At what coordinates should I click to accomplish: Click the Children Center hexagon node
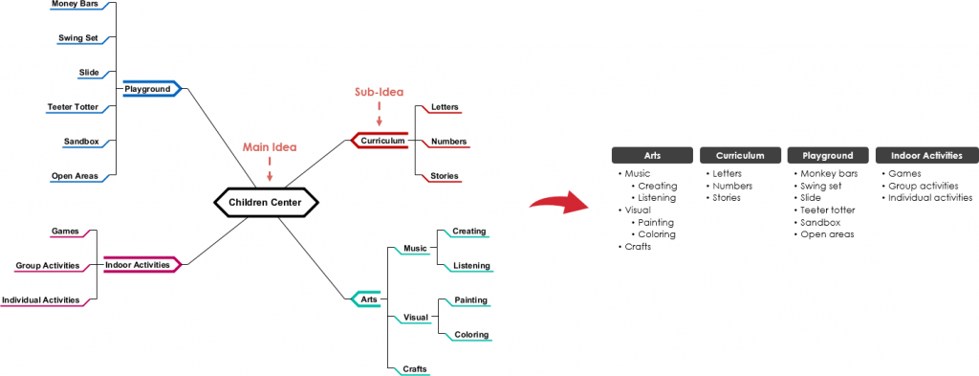(x=265, y=202)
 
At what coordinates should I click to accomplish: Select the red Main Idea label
(x=270, y=147)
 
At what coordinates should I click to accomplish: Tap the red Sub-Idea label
(x=379, y=92)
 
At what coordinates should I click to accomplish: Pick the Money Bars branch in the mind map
(x=81, y=4)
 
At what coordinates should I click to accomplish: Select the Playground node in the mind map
(x=148, y=89)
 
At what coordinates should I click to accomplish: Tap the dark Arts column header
(x=653, y=155)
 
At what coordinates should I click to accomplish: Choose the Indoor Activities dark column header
(x=925, y=155)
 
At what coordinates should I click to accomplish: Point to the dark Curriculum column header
(x=740, y=155)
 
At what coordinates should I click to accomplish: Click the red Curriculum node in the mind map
(x=382, y=141)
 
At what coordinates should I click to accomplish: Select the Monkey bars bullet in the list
(x=829, y=174)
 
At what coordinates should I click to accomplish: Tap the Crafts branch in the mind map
(x=415, y=369)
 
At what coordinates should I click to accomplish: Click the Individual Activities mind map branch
(x=41, y=300)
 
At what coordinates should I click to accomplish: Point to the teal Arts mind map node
(x=367, y=299)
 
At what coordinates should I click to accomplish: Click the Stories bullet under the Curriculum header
(x=728, y=198)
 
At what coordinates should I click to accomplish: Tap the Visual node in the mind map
(x=416, y=317)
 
